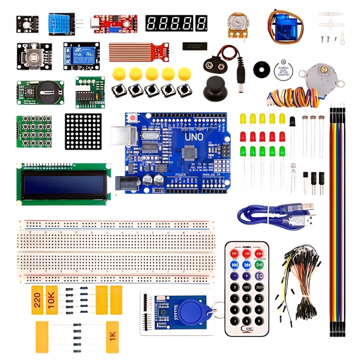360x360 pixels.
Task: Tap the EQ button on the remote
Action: (259, 275)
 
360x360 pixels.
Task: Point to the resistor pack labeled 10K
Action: (52, 300)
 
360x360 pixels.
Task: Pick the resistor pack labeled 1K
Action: (112, 333)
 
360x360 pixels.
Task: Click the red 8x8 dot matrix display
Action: (83, 131)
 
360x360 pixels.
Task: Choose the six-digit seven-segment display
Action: (176, 22)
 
